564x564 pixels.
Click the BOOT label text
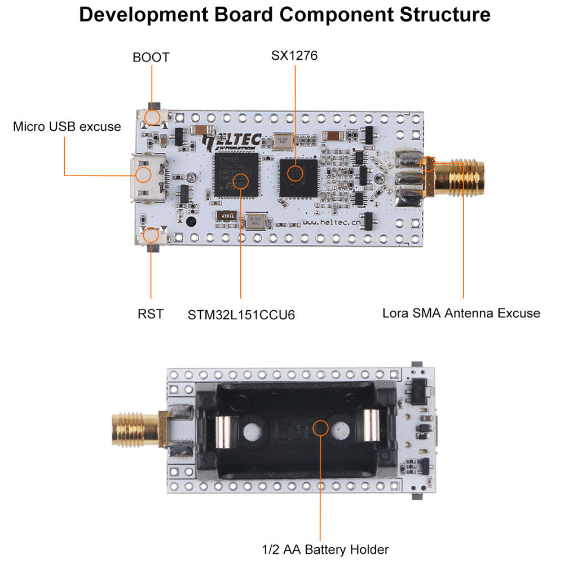pos(151,57)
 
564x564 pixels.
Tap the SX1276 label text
pos(294,55)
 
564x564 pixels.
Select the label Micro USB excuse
pos(67,126)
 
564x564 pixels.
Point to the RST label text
pos(151,314)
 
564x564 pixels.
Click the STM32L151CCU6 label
pos(241,315)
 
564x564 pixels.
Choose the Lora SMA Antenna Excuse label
pos(461,312)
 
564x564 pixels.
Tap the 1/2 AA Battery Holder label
pos(325,549)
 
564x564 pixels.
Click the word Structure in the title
pos(445,15)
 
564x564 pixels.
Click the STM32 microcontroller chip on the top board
pos(236,174)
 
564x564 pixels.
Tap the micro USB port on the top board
pos(148,175)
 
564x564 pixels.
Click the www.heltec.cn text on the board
pos(331,222)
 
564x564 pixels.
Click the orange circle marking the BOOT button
pos(152,117)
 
